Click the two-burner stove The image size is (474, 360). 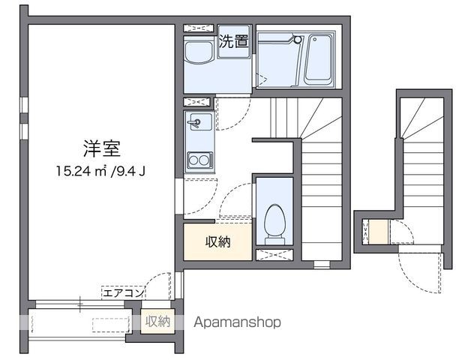[199, 159]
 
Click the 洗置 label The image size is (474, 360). [233, 42]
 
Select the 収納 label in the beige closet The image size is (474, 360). [218, 241]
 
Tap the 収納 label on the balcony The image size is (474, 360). [157, 321]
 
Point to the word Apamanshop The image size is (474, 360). [237, 322]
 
